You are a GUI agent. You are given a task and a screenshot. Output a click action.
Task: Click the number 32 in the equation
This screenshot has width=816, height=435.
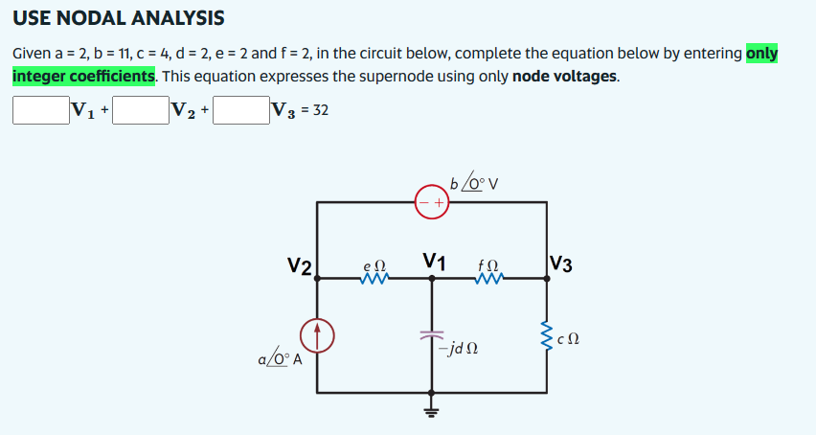pos(320,110)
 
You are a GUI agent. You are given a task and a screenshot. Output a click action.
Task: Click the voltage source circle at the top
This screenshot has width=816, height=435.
pos(432,202)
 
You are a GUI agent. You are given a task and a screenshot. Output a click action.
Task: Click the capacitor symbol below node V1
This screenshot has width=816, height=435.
pos(432,336)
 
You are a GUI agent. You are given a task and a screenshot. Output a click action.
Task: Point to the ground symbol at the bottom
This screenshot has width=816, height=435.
pos(432,409)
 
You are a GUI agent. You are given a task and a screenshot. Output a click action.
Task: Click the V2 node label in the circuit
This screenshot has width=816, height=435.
pos(299,264)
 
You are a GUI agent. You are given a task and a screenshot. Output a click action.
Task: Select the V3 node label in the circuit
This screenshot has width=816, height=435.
pos(563,264)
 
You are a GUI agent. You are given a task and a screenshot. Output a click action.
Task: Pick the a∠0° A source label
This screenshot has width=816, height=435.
pos(280,359)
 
